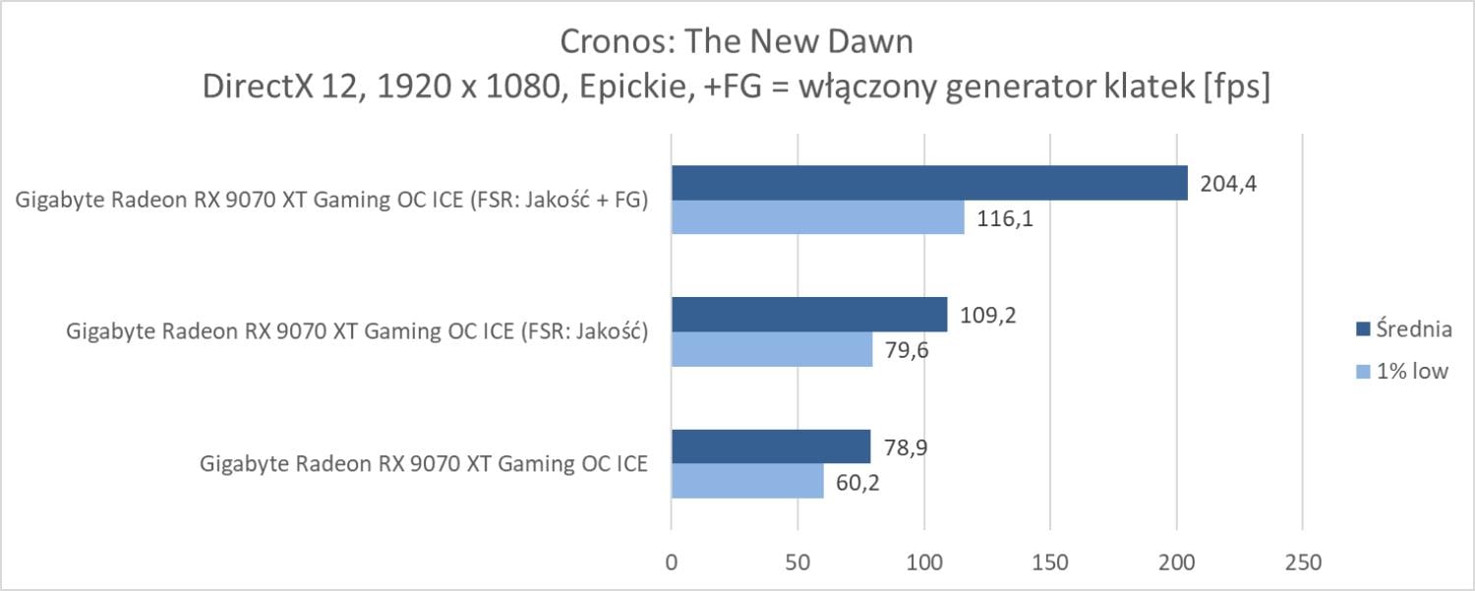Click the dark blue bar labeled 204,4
click(929, 183)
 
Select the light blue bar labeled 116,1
click(818, 217)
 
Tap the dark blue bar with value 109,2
click(809, 315)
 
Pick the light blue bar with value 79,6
click(772, 349)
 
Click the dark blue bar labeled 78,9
click(771, 446)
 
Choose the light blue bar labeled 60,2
click(747, 481)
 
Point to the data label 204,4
click(1223, 183)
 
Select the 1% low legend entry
click(1405, 371)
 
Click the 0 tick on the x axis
click(672, 563)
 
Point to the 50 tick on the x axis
click(797, 563)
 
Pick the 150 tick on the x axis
click(1050, 563)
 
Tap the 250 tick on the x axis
click(1302, 563)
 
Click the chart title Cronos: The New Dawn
click(737, 42)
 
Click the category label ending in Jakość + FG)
click(331, 201)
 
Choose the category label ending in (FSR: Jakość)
click(356, 332)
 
